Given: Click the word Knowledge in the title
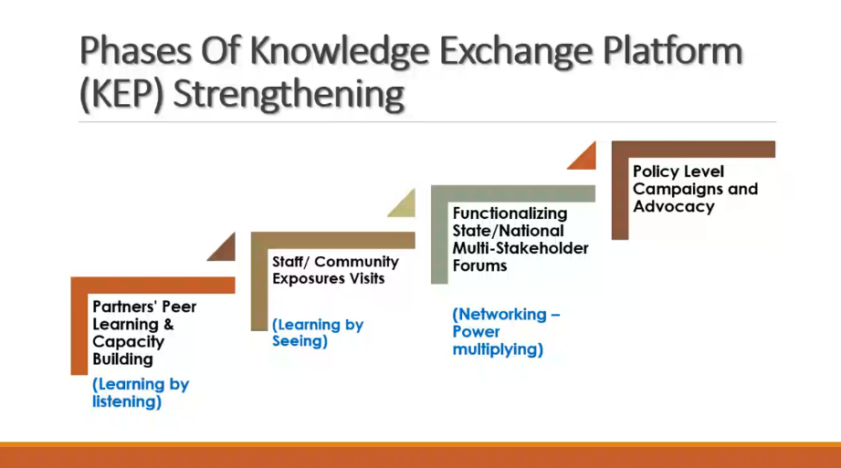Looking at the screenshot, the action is click(340, 52).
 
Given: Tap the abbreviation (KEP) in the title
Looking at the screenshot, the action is click(121, 94).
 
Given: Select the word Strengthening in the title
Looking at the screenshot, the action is click(289, 95).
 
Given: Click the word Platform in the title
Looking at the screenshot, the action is click(673, 50).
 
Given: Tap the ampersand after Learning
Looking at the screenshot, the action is click(169, 324).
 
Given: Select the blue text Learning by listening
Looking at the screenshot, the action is click(141, 393).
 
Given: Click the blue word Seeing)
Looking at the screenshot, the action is click(300, 341).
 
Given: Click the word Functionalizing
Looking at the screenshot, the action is click(510, 213).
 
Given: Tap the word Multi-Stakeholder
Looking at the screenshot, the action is click(520, 248).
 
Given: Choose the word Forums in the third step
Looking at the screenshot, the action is click(479, 265).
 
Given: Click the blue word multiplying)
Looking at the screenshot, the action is click(498, 349).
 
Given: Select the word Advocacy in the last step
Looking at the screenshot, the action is click(674, 207).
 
